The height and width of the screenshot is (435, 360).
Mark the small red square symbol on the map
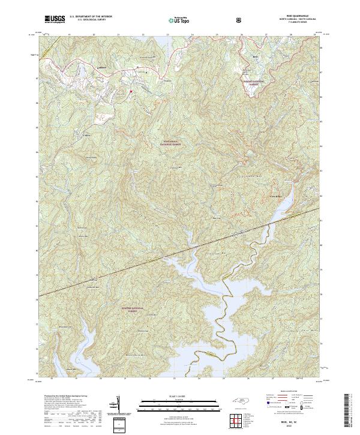130,91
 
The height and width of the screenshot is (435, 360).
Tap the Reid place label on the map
254,57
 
